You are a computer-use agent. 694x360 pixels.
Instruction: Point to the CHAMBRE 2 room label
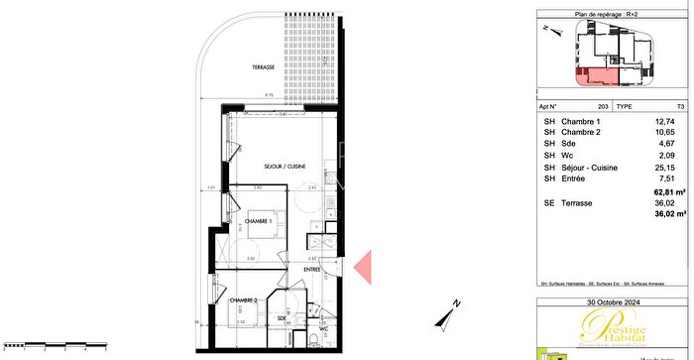244,300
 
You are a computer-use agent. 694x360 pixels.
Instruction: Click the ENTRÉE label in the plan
312,267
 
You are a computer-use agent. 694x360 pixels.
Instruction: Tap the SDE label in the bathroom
283,318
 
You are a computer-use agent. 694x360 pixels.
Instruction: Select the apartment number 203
603,104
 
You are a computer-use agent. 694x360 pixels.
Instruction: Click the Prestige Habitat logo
614,328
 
